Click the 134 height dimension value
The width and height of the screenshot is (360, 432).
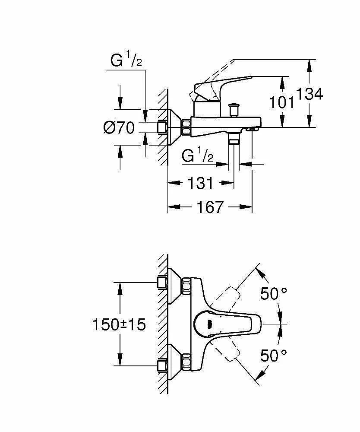[309, 94]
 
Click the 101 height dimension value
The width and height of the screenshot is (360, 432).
[281, 102]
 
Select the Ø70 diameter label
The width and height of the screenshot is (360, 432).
[119, 128]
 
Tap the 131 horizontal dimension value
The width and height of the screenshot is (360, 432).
[200, 183]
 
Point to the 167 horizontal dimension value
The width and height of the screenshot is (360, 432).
[210, 207]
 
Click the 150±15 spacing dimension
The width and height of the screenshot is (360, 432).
[119, 324]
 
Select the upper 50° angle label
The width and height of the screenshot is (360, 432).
[274, 293]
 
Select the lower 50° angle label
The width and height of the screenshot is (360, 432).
[274, 356]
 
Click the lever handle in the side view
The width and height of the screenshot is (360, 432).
[220, 88]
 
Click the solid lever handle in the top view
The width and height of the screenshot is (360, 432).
[227, 324]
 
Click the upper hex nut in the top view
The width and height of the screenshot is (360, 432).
[186, 286]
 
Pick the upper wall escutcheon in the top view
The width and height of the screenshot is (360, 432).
[174, 286]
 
